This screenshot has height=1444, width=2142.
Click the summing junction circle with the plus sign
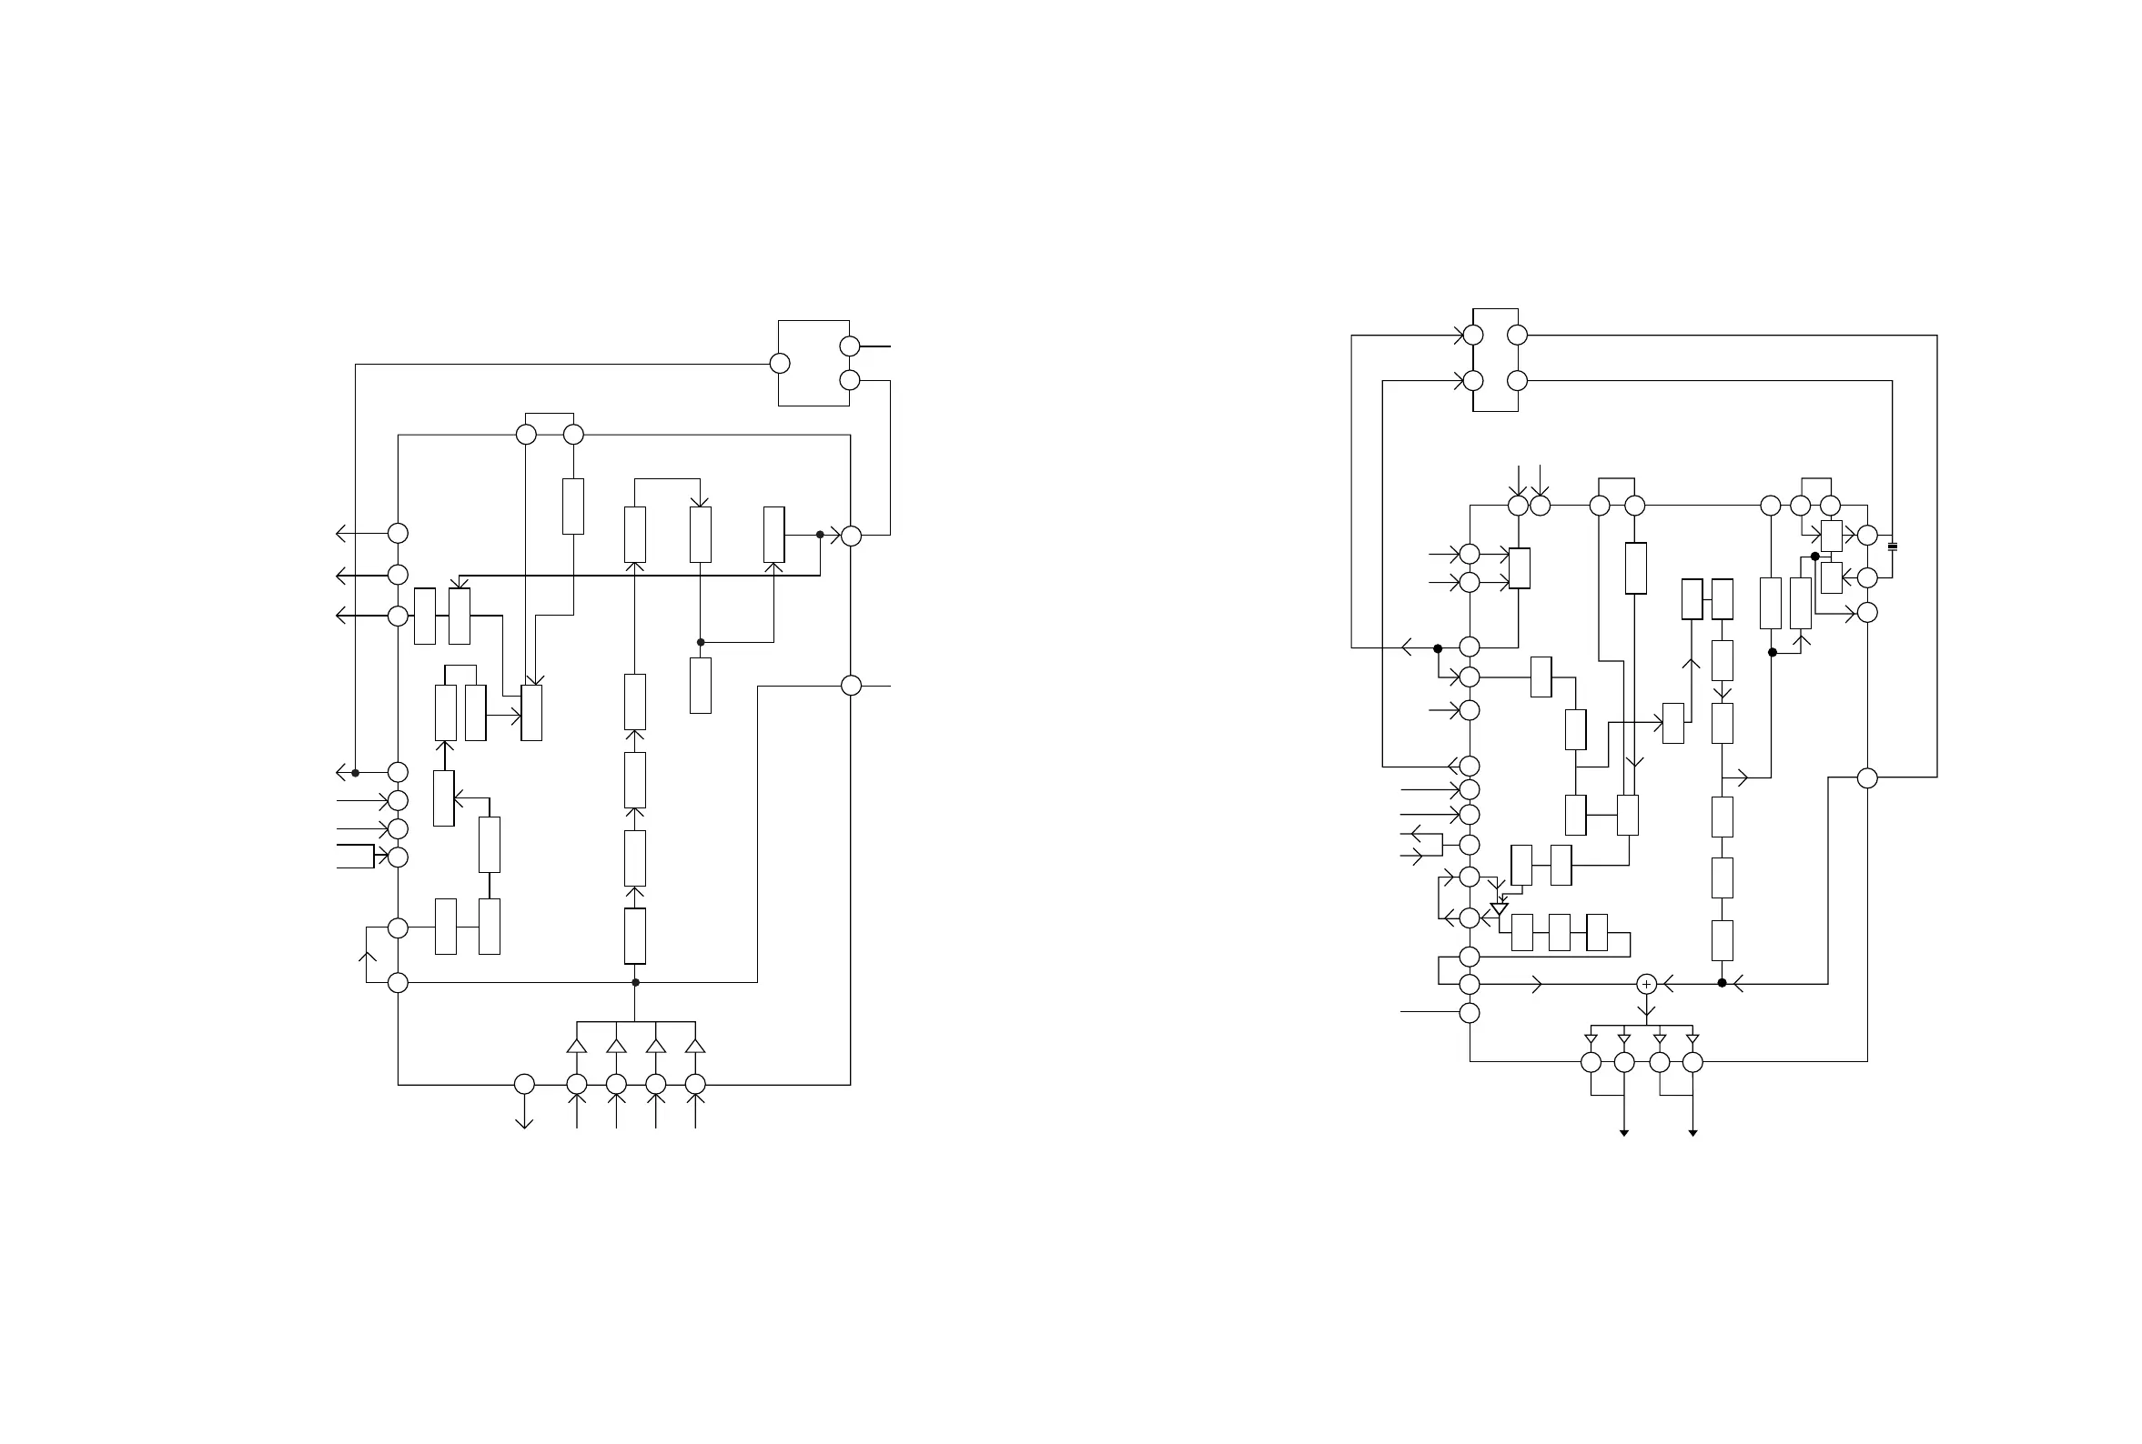click(x=1646, y=985)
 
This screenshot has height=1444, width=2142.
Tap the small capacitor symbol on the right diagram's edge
click(x=1893, y=547)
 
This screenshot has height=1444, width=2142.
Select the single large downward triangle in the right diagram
click(x=1499, y=909)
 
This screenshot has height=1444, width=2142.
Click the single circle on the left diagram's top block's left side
click(x=780, y=364)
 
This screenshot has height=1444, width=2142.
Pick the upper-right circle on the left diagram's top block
click(x=850, y=346)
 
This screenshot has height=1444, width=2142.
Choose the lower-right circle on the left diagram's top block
click(x=850, y=380)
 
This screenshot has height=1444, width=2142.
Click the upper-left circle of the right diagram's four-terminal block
click(x=1473, y=336)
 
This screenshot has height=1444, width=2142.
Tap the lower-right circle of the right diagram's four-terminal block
click(x=1518, y=380)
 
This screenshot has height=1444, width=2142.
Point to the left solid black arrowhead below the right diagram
click(x=1624, y=1133)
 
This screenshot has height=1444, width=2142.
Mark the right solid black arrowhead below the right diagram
click(x=1692, y=1133)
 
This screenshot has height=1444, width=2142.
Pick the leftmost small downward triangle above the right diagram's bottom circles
click(x=1591, y=1039)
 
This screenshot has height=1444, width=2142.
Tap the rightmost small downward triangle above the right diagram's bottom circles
click(x=1692, y=1039)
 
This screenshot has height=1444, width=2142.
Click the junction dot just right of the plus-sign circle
click(x=1722, y=983)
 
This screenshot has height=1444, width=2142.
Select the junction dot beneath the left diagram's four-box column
click(x=635, y=983)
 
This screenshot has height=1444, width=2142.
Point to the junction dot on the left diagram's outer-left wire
click(x=356, y=773)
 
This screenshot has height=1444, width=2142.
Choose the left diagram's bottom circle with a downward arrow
click(x=524, y=1084)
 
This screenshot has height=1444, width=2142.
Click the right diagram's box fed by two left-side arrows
click(x=1520, y=568)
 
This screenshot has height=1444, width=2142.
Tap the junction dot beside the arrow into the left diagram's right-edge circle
click(x=820, y=534)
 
